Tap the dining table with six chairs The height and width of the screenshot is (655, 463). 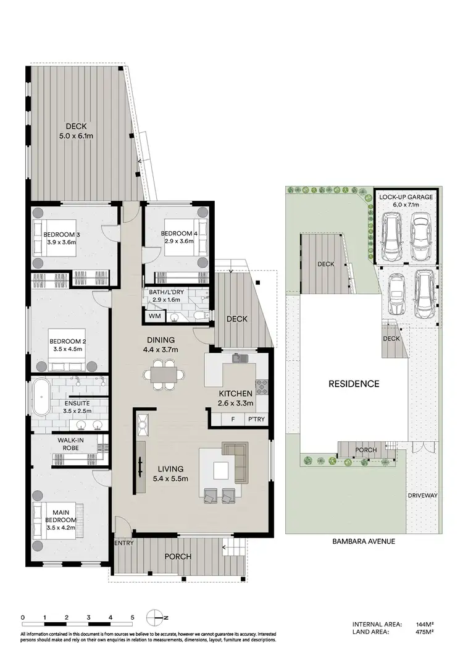162,376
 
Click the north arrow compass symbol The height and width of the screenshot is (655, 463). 156,617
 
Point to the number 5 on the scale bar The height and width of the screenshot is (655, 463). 132,617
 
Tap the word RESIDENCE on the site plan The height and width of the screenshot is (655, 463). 354,384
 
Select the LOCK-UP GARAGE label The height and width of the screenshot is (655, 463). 407,196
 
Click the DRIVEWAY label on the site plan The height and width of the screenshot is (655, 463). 422,496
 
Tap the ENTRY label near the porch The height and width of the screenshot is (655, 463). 123,543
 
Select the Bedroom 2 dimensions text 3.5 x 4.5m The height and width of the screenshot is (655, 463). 66,349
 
